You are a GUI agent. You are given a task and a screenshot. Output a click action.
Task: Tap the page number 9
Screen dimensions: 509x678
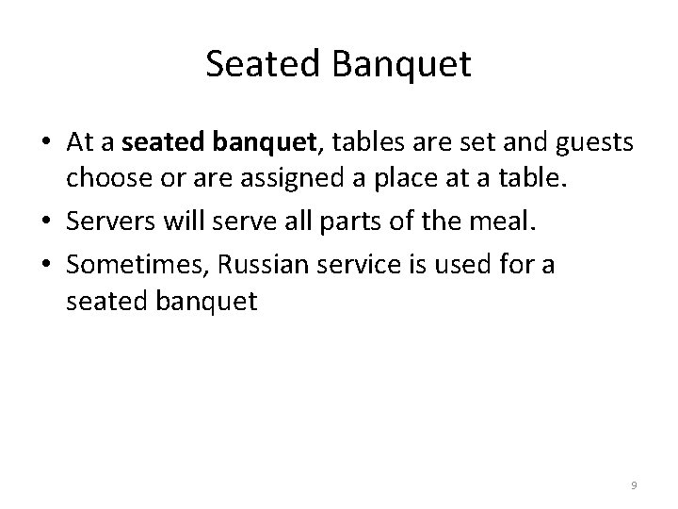[634, 484]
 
